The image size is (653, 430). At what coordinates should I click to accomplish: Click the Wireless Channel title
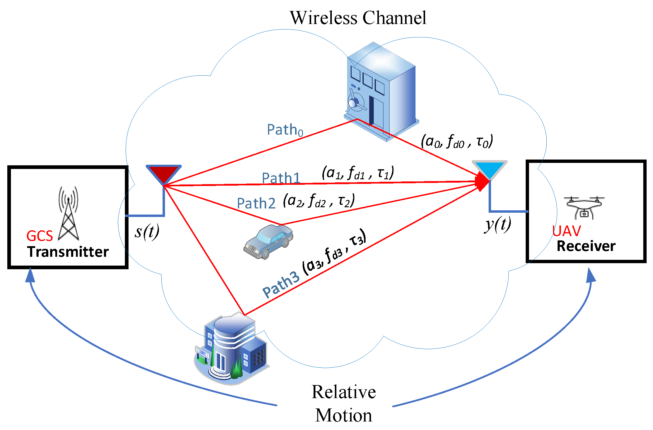coord(358,18)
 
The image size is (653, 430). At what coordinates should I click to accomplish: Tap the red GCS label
coord(40,236)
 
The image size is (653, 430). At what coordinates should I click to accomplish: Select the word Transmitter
coord(68,252)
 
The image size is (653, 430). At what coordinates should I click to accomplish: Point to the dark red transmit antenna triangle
coord(163,173)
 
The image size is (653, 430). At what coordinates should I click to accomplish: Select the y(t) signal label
coord(497,225)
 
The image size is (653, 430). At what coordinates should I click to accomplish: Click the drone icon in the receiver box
coord(584,208)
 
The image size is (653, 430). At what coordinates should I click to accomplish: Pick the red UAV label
coord(566,231)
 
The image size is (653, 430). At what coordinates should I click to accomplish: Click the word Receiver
coord(586,246)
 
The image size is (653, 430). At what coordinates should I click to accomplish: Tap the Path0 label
coord(285,130)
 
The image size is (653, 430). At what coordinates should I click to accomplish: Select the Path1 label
coord(281,178)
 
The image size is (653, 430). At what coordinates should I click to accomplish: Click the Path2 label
coord(256,203)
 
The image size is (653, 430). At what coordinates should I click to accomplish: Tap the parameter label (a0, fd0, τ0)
coord(457,141)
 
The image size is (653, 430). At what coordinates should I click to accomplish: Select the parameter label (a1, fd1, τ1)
coord(358,173)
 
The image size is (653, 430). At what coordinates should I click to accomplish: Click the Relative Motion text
coord(343,403)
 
